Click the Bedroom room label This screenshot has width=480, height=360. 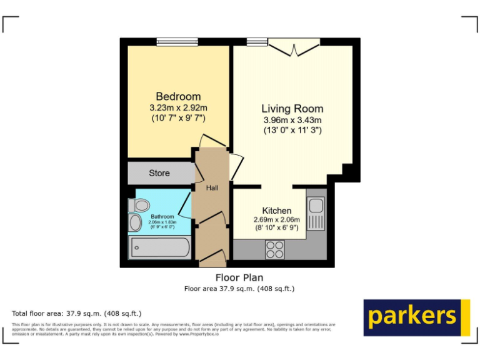178,96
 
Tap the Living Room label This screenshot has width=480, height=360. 292,109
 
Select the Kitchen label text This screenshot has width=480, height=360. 276,211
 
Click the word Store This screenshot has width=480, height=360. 159,173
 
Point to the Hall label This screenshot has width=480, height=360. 212,187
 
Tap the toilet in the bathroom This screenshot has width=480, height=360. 139,205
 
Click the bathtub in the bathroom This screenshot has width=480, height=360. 159,247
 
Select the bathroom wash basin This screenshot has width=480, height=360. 135,223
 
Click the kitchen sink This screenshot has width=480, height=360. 316,205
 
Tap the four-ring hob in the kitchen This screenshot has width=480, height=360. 274,249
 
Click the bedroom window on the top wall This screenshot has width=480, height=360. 177,42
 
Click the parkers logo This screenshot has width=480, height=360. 416,317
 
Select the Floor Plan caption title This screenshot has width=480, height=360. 239,277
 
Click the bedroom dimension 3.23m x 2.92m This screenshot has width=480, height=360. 178,107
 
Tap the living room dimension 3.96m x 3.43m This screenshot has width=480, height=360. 292,120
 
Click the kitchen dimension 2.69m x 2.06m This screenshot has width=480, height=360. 276,220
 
